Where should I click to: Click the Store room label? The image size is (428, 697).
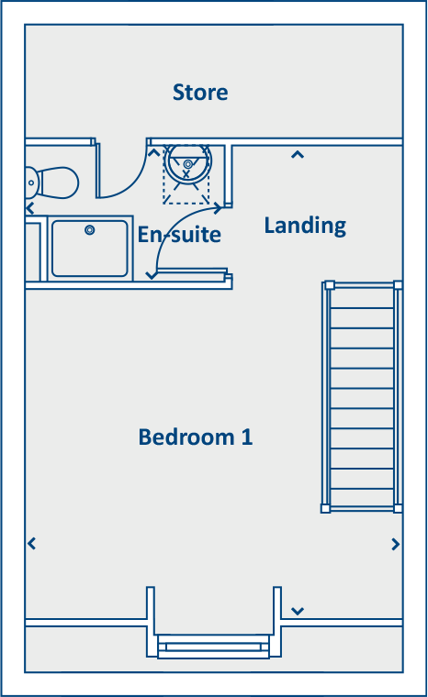click(x=200, y=93)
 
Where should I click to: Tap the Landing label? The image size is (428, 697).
click(x=305, y=226)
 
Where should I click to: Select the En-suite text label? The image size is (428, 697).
click(x=179, y=235)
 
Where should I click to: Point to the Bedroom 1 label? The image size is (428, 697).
click(x=195, y=437)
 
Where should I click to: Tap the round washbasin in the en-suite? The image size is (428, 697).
click(x=187, y=165)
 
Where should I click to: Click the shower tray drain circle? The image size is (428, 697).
click(x=90, y=230)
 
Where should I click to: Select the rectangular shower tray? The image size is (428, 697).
click(x=89, y=248)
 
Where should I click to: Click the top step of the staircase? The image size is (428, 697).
click(x=361, y=296)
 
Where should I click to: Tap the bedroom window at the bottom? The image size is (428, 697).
click(x=213, y=647)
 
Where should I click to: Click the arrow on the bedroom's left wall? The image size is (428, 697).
click(x=32, y=544)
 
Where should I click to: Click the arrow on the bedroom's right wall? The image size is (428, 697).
click(x=396, y=544)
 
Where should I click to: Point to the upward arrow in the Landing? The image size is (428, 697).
click(x=297, y=155)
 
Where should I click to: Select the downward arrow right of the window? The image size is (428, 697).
click(x=297, y=610)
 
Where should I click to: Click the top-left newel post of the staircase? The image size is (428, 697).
click(x=326, y=285)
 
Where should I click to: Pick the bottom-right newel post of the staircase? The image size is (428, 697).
click(x=398, y=507)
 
